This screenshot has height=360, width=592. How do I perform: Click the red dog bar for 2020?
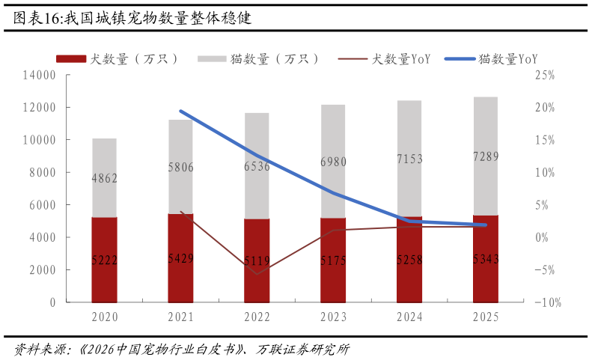pyautogui.click(x=104, y=260)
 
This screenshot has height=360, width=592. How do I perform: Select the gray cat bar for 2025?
pyautogui.click(x=486, y=156)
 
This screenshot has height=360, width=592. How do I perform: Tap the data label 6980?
pyautogui.click(x=333, y=162)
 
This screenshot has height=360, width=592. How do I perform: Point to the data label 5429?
pyautogui.click(x=181, y=258)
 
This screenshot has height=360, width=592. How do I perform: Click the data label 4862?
pyautogui.click(x=105, y=178)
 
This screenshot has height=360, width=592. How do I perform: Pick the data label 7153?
pyautogui.click(x=409, y=159)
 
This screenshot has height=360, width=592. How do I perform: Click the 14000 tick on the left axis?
pyautogui.click(x=39, y=75)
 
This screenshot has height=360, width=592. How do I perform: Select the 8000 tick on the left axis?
pyautogui.click(x=43, y=173)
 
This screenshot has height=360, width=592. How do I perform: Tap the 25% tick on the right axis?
pyautogui.click(x=545, y=75)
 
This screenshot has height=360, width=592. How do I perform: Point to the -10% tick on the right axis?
pyautogui.click(x=548, y=302)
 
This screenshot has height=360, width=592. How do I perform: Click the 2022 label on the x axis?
pyautogui.click(x=257, y=317)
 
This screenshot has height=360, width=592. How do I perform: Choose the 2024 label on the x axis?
pyautogui.click(x=409, y=317)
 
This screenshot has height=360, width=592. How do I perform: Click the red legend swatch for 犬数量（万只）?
pyautogui.click(x=71, y=59)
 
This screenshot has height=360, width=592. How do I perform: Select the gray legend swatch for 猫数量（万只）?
pyautogui.click(x=213, y=59)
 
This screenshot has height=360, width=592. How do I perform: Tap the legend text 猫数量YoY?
pyautogui.click(x=508, y=59)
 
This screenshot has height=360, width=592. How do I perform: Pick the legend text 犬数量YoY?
pyautogui.click(x=401, y=59)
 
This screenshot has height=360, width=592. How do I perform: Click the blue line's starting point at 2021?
pyautogui.click(x=181, y=112)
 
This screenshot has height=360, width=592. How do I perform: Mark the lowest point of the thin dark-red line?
pyautogui.click(x=257, y=274)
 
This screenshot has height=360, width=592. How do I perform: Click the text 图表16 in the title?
pyautogui.click(x=37, y=18)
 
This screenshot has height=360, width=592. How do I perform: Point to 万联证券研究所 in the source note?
pyautogui.click(x=302, y=349)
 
